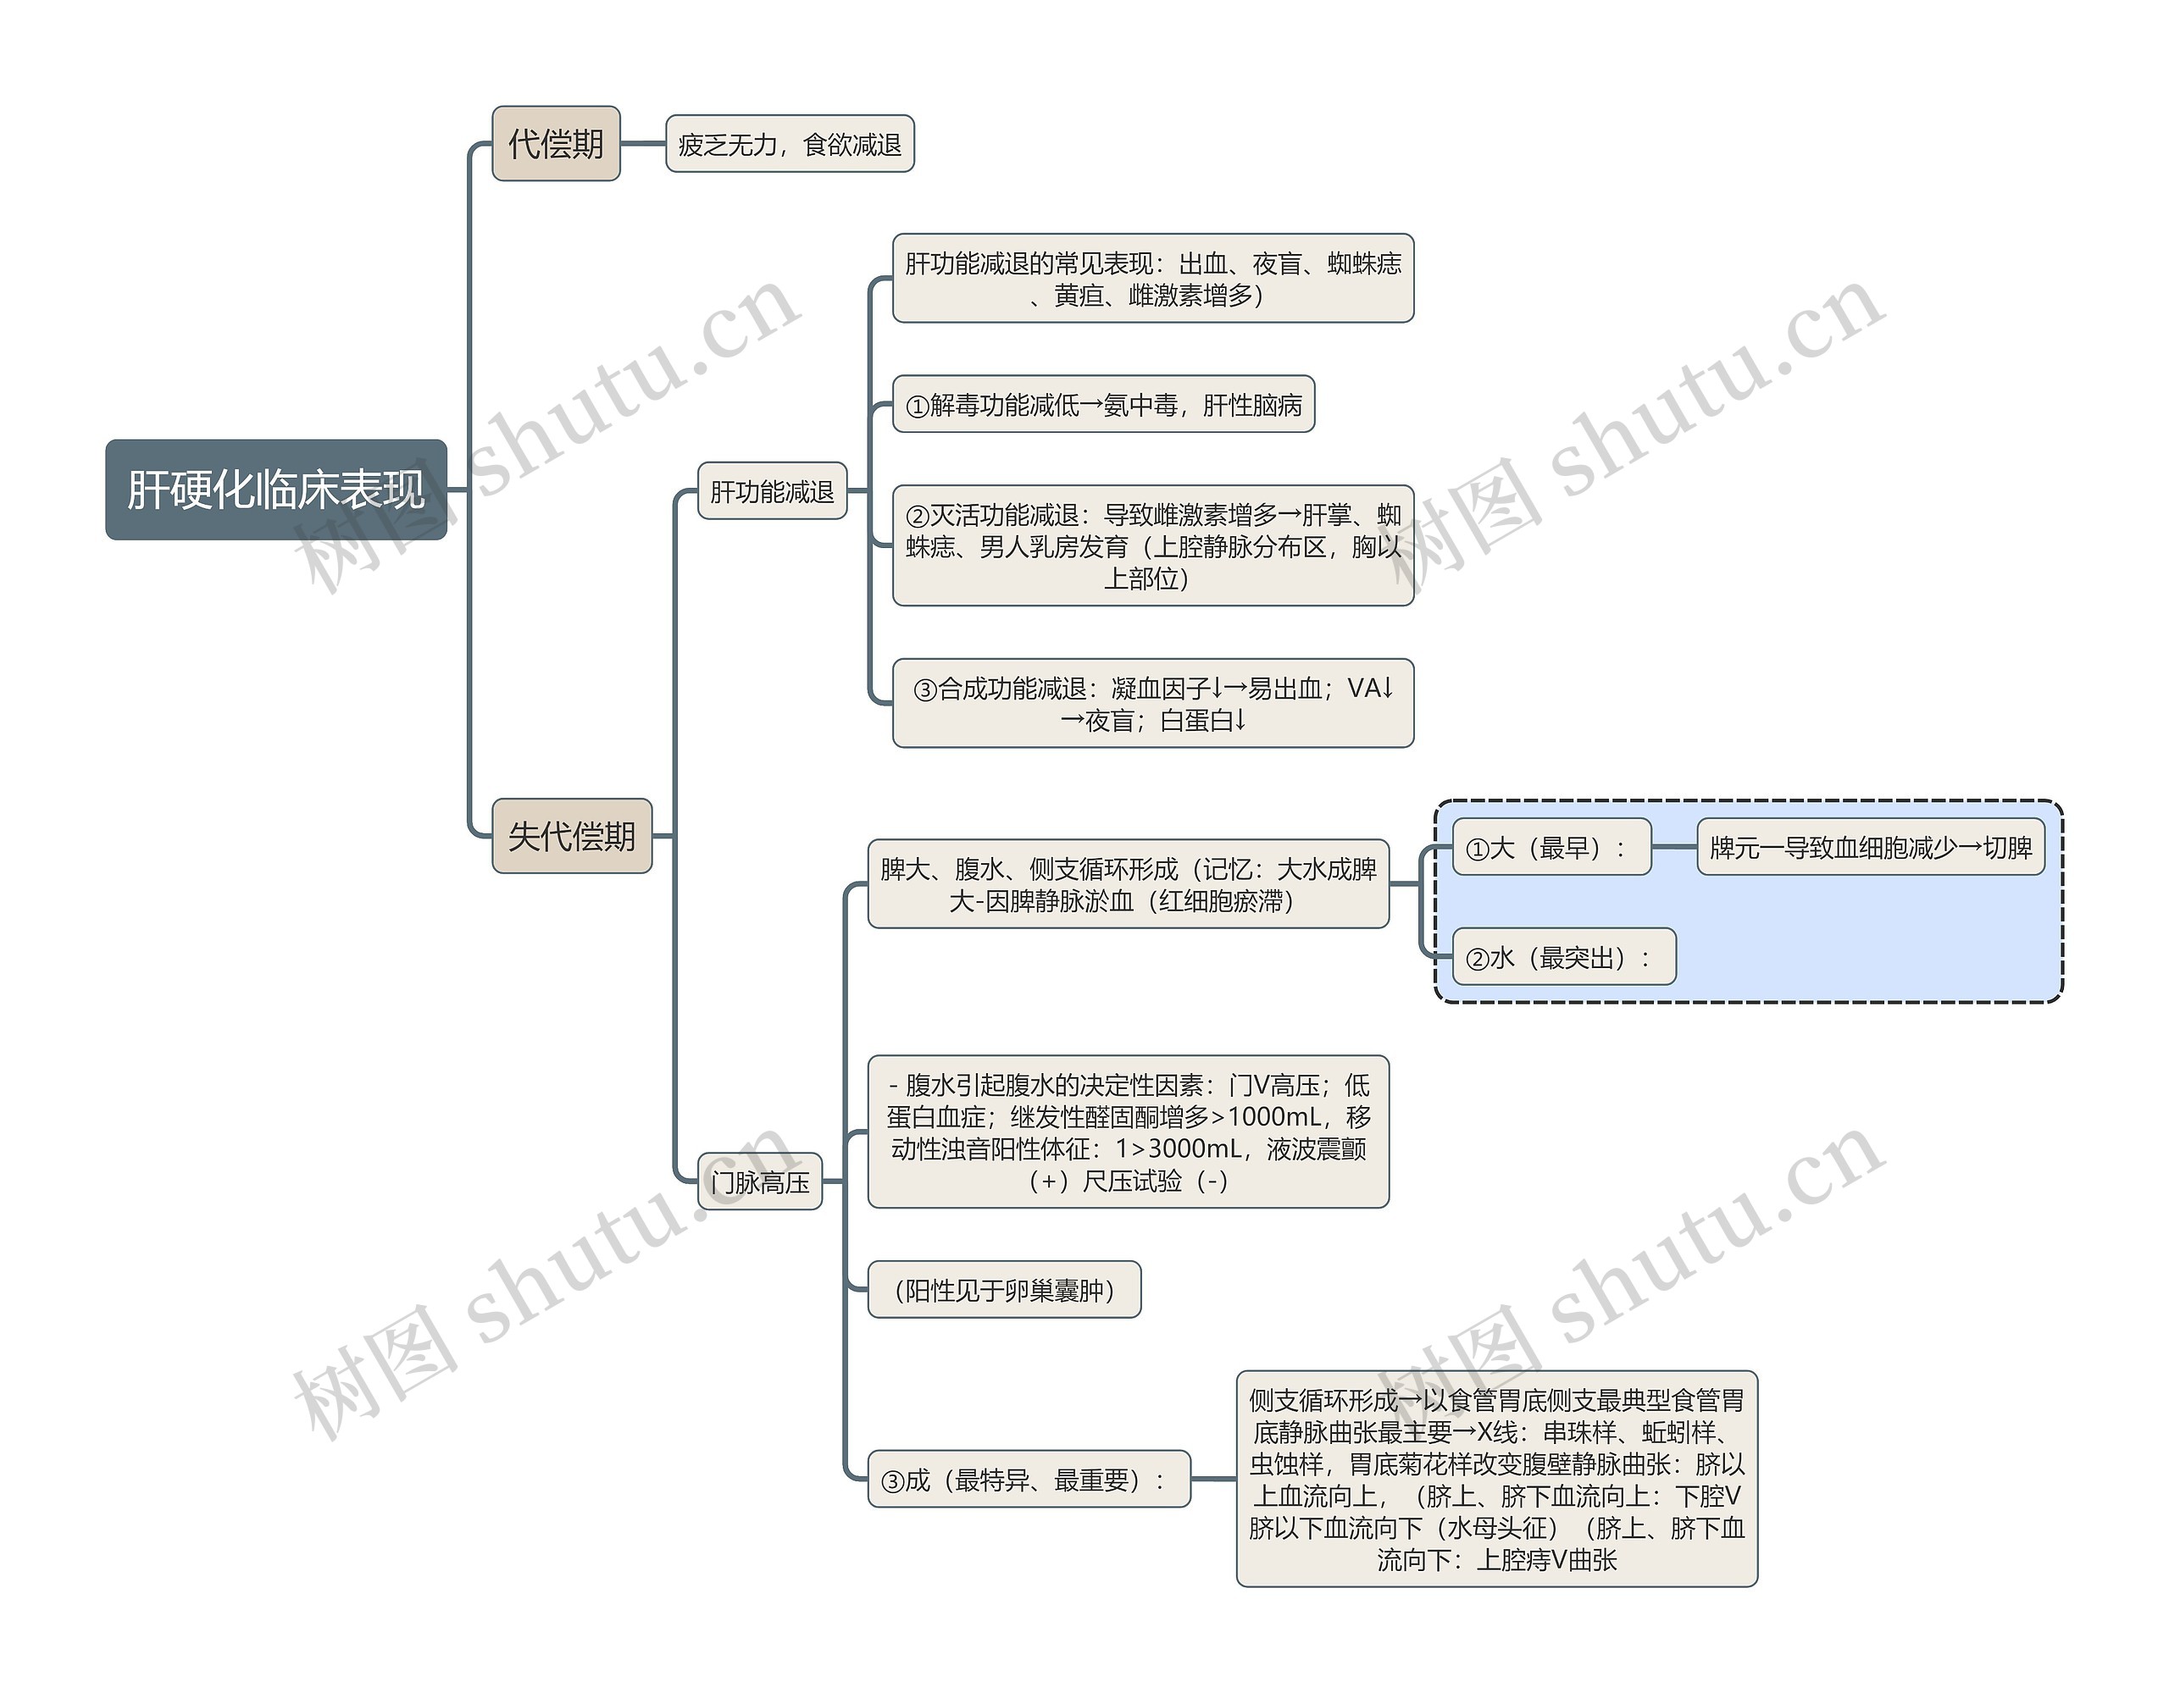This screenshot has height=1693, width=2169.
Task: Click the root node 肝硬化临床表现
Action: (x=276, y=490)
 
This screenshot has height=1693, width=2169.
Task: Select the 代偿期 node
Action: (x=556, y=144)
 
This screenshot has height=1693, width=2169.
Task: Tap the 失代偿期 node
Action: (x=571, y=836)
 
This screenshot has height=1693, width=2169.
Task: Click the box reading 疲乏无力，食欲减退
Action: (x=790, y=144)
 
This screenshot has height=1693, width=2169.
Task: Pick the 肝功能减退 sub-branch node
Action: (x=772, y=490)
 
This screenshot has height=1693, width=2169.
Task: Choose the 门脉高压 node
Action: (x=760, y=1181)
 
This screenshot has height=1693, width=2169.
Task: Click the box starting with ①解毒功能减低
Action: (x=1103, y=404)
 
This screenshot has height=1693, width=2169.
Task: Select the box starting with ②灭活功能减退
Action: (x=1152, y=545)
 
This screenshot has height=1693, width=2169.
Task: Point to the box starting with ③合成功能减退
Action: (x=1152, y=703)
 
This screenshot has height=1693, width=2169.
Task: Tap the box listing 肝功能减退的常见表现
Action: (x=1152, y=278)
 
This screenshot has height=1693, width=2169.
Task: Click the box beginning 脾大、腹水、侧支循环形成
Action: (x=1129, y=883)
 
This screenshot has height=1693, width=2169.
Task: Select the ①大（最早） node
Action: (x=1551, y=847)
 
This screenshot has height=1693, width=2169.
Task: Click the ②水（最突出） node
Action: (x=1563, y=957)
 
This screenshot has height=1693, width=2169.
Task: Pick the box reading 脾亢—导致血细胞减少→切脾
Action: (x=1870, y=847)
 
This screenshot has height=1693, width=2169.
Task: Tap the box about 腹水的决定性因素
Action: (x=1129, y=1132)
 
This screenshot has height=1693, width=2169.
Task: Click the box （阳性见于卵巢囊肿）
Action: (x=1004, y=1290)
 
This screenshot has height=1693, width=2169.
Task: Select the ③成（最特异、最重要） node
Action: (x=1029, y=1480)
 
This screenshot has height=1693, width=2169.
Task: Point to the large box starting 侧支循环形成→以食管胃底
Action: (x=1496, y=1479)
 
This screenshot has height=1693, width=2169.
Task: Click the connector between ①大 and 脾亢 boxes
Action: (x=1674, y=847)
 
